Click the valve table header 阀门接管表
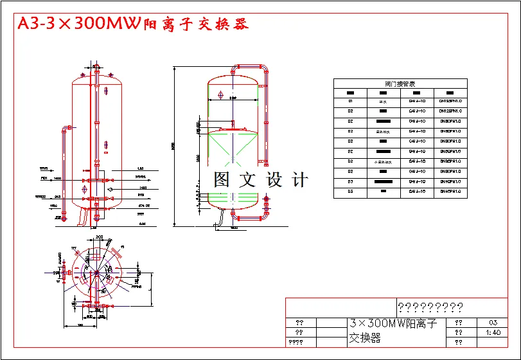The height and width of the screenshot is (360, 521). coord(400,84)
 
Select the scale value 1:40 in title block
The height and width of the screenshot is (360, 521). coord(493,332)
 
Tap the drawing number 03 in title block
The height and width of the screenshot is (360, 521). coord(493,323)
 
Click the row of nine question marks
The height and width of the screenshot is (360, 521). coord(430,307)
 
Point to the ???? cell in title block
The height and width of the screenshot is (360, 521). coord(296,342)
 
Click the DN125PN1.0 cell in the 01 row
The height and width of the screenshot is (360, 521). coord(450,101)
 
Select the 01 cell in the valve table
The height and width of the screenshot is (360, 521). coord(350,101)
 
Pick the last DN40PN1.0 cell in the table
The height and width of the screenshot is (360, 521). coord(450,192)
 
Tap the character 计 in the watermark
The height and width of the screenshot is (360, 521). coord(299,180)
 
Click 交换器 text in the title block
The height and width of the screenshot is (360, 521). coord(365,337)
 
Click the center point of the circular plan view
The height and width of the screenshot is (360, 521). coord(96,274)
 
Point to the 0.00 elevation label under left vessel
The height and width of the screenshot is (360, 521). coord(142,223)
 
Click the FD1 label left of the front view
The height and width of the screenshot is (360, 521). coord(44,178)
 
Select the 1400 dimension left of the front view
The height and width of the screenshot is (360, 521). coord(57,178)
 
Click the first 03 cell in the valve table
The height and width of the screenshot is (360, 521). coord(350,182)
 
